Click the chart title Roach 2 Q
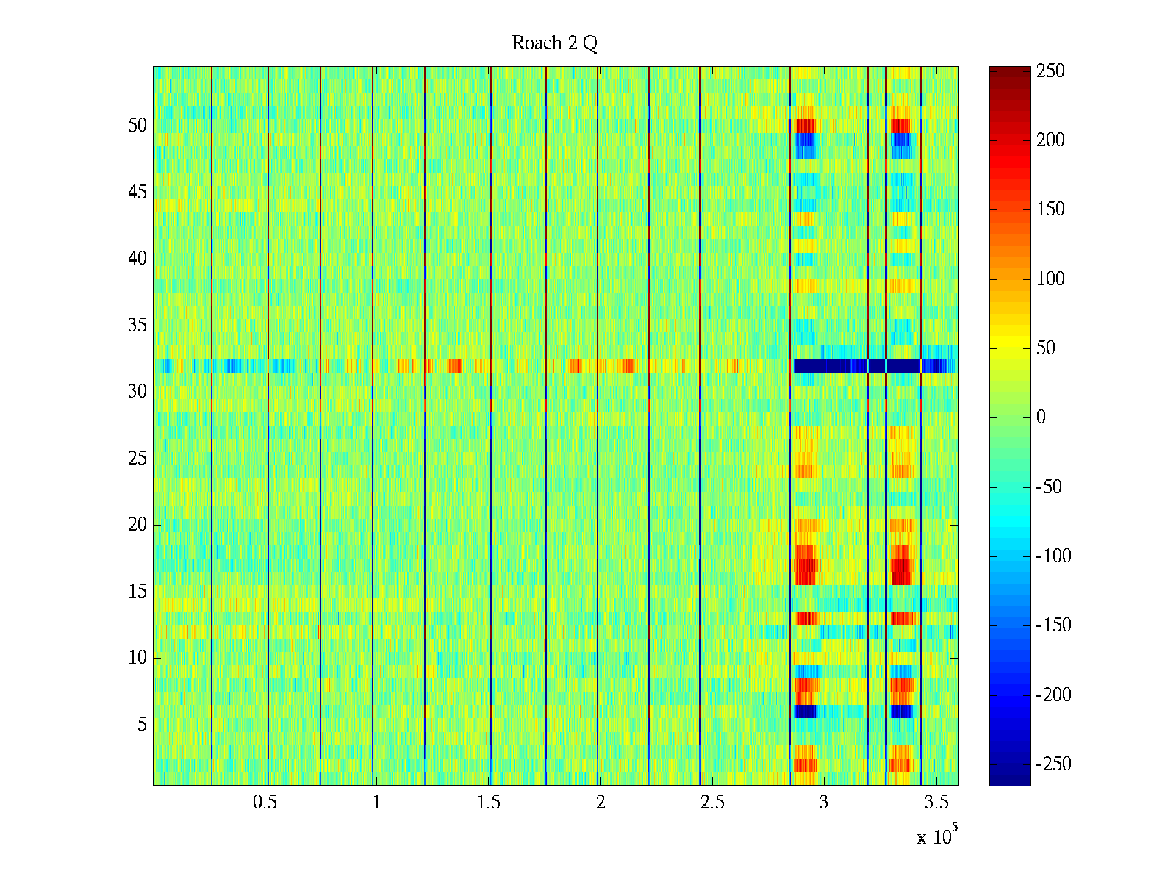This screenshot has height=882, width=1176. pyautogui.click(x=554, y=43)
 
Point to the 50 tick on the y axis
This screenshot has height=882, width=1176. pyautogui.click(x=137, y=126)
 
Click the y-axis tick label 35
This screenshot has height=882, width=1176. pyautogui.click(x=137, y=326)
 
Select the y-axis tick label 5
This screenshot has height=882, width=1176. pyautogui.click(x=142, y=725)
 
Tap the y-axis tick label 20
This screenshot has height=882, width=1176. pyautogui.click(x=137, y=525)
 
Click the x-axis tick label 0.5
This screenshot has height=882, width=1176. pyautogui.click(x=265, y=803)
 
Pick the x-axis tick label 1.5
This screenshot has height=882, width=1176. pyautogui.click(x=488, y=803)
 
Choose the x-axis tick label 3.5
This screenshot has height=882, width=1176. pyautogui.click(x=936, y=803)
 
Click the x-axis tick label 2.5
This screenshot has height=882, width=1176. pyautogui.click(x=712, y=803)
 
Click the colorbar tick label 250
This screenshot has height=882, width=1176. pyautogui.click(x=1050, y=71)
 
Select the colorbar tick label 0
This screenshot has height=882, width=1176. pyautogui.click(x=1041, y=417)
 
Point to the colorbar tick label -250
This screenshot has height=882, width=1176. pyautogui.click(x=1054, y=764)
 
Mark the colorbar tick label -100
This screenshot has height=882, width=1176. pyautogui.click(x=1054, y=556)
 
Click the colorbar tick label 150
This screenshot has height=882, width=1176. pyautogui.click(x=1050, y=209)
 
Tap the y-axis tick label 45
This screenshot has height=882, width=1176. pyautogui.click(x=137, y=193)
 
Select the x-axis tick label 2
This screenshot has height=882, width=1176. pyautogui.click(x=600, y=803)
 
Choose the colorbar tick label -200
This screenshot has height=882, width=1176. pyautogui.click(x=1054, y=695)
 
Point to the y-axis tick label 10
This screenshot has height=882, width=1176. pyautogui.click(x=137, y=658)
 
